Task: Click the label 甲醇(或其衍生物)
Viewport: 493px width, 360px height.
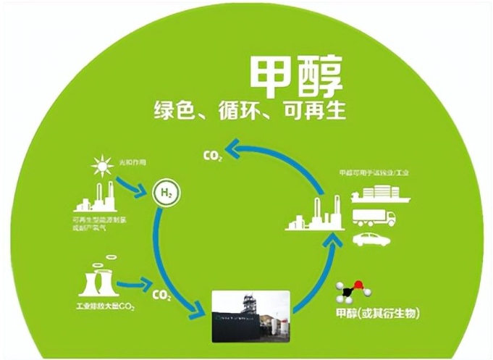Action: tap(379, 316)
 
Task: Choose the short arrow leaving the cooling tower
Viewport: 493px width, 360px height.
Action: tap(133, 285)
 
